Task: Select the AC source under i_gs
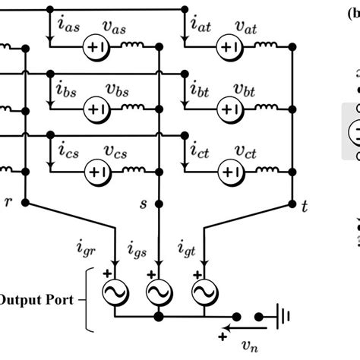pos(158,291)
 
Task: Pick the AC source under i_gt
pos(201,291)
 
